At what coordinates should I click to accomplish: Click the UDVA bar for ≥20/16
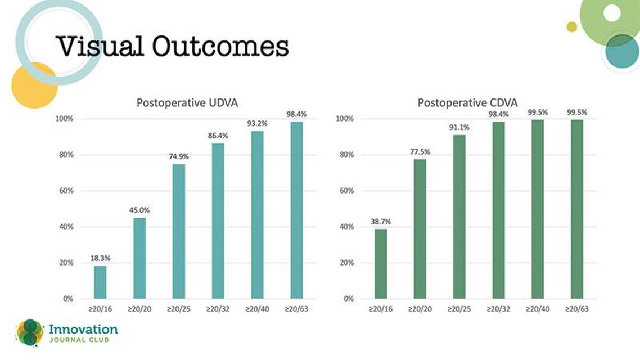[x=100, y=282]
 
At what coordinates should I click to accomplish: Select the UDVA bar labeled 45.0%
[x=139, y=258]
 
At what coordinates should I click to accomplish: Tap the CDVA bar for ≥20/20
[x=420, y=229]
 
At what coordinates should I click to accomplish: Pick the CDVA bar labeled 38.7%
[x=381, y=264]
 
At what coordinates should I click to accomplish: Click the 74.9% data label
[x=179, y=156]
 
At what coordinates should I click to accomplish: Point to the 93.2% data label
[x=257, y=123]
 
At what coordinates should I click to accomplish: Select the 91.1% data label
[x=459, y=127]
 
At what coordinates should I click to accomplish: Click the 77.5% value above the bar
[x=420, y=152]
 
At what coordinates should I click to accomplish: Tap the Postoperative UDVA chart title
[x=187, y=102]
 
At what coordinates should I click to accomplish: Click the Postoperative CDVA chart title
[x=467, y=102]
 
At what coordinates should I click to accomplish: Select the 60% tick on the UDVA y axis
[x=66, y=191]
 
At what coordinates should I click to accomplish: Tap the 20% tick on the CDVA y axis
[x=346, y=263]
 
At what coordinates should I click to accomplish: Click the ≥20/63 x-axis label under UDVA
[x=296, y=309]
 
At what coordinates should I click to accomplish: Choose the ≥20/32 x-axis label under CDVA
[x=498, y=309]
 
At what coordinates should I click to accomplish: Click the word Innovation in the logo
[x=83, y=329]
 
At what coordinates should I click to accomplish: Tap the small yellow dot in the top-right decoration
[x=572, y=27]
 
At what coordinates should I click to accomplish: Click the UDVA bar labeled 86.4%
[x=218, y=221]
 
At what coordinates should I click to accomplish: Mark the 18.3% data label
[x=101, y=258]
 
